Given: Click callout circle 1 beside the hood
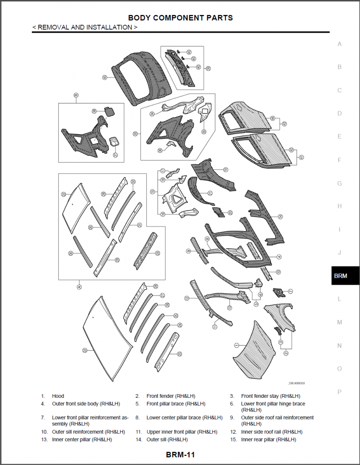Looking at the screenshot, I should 236,345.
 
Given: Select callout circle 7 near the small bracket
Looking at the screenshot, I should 290,291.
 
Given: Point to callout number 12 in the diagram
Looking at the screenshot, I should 187,298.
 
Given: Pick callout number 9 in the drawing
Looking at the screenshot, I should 188,251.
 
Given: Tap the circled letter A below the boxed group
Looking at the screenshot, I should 80,287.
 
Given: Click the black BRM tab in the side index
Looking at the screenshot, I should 340,276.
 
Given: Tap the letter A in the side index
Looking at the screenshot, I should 340,44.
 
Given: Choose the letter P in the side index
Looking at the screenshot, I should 340,391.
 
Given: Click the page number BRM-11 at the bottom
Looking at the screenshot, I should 180,455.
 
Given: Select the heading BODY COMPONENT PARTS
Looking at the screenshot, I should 180,18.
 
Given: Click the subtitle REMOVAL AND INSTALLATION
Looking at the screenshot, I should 85,27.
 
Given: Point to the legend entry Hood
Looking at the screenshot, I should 58,396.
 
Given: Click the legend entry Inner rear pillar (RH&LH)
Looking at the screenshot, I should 268,439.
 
